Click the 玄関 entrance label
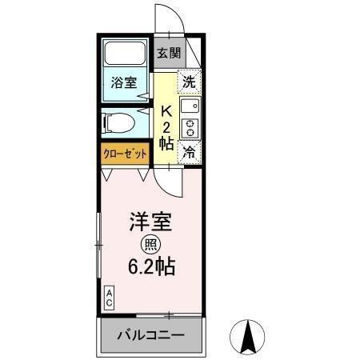(168, 54)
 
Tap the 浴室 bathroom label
(124, 82)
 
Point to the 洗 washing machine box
(190, 81)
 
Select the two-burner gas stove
(190, 128)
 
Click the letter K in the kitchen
(166, 111)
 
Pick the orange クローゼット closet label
(124, 154)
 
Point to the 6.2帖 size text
(152, 266)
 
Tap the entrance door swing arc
(170, 22)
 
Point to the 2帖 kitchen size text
(166, 136)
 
